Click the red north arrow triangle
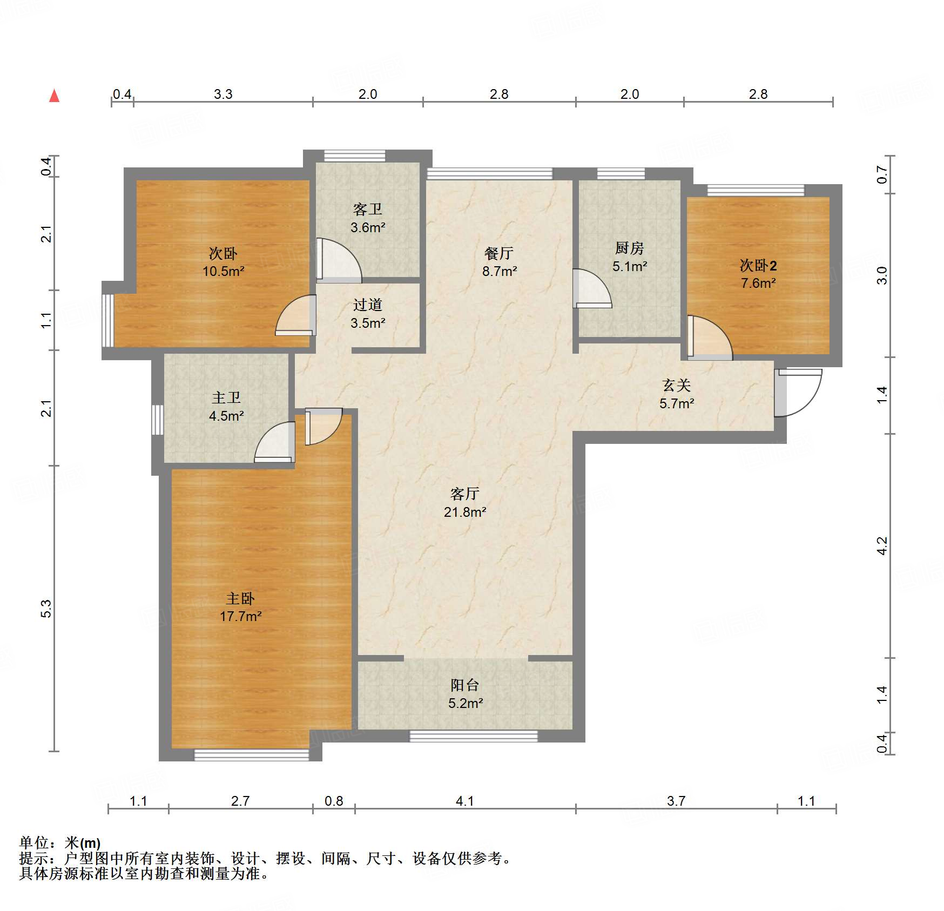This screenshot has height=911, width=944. (54, 96)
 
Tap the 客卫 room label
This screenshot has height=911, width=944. (368, 209)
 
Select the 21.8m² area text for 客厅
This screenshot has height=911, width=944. (465, 512)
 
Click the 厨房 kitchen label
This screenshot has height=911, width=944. (629, 248)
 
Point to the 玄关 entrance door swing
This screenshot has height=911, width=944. (799, 393)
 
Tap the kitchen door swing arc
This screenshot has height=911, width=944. (593, 289)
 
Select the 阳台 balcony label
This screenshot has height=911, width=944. (465, 685)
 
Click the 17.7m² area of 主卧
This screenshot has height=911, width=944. (241, 616)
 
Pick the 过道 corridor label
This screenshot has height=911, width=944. (368, 305)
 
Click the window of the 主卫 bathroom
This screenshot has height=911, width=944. (157, 420)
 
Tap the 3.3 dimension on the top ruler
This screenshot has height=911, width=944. (223, 94)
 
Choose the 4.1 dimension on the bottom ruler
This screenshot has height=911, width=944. (465, 801)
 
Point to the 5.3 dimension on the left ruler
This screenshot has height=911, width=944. (47, 609)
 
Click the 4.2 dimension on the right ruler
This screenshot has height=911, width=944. (882, 545)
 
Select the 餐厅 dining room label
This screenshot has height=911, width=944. (499, 253)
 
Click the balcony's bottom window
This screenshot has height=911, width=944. (473, 736)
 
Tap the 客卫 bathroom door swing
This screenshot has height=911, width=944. (339, 260)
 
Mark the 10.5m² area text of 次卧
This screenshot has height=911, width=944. (223, 271)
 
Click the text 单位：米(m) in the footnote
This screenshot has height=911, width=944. (60, 843)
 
